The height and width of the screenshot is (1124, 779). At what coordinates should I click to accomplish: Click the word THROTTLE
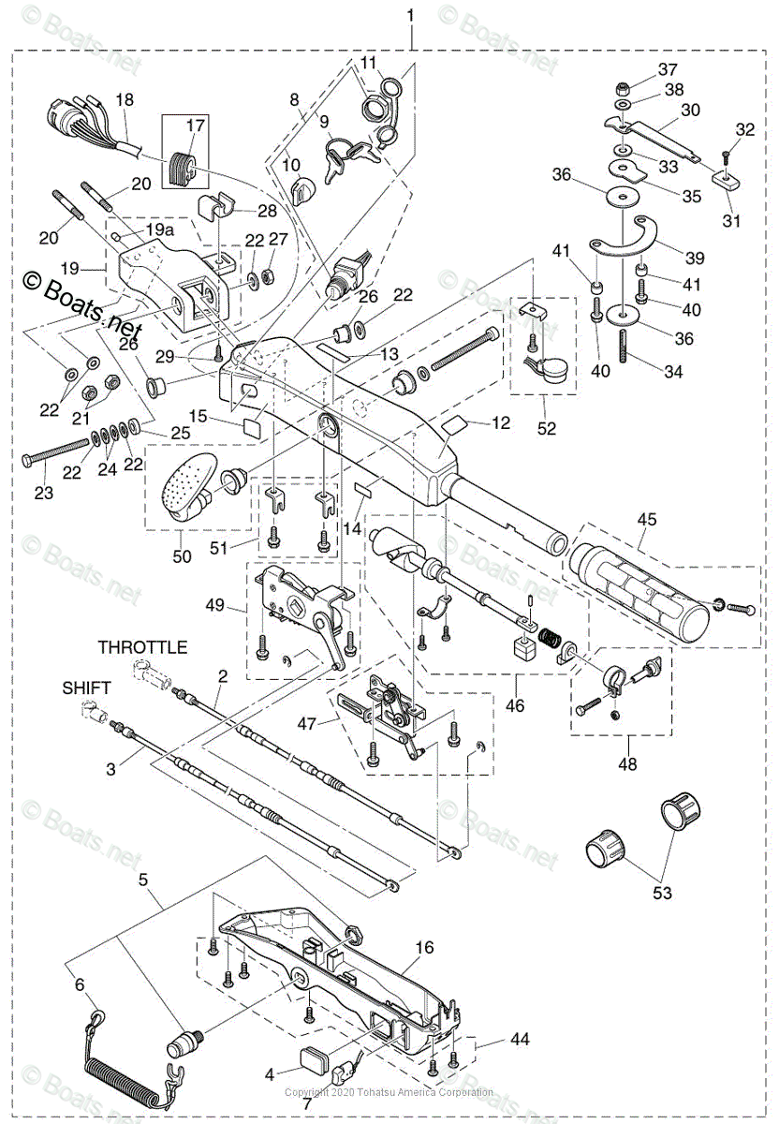click(x=142, y=647)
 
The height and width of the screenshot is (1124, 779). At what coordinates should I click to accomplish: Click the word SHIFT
click(x=87, y=688)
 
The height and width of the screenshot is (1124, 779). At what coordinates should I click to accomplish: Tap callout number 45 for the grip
click(x=647, y=518)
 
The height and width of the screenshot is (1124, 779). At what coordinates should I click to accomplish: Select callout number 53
click(x=662, y=893)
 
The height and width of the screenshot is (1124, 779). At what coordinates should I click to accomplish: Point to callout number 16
click(x=424, y=948)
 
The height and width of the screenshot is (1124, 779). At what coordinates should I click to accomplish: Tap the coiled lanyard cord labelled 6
click(x=112, y=1068)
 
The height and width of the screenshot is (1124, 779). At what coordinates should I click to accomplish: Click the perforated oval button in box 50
click(x=187, y=484)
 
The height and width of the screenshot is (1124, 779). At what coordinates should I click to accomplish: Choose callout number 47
click(x=306, y=723)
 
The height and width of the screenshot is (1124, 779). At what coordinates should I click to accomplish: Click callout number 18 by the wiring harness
click(x=125, y=99)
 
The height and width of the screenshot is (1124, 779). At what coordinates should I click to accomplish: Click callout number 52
click(x=547, y=428)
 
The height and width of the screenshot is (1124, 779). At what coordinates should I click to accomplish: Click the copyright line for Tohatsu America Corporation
click(x=389, y=1092)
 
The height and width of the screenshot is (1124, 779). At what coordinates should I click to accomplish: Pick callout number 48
click(x=627, y=764)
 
